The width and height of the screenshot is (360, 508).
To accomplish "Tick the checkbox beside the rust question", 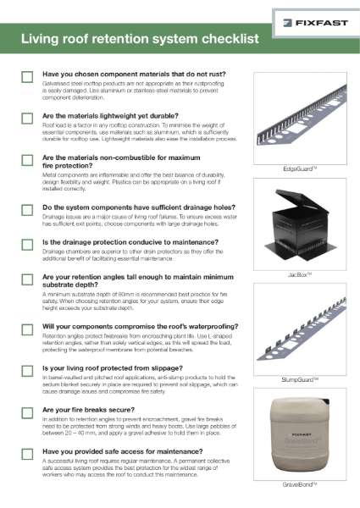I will [27, 77].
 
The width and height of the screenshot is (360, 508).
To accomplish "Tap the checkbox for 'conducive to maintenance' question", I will [27, 245].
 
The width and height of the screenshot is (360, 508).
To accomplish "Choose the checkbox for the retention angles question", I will [27, 280].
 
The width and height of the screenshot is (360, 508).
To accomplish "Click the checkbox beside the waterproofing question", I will [27, 329].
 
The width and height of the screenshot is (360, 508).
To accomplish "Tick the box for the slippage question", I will [27, 371].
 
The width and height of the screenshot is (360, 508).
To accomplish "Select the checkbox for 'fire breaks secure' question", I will [27, 412].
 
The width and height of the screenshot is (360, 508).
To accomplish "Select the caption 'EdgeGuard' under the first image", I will [303, 169].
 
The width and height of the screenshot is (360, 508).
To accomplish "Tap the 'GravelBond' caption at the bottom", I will [303, 487].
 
